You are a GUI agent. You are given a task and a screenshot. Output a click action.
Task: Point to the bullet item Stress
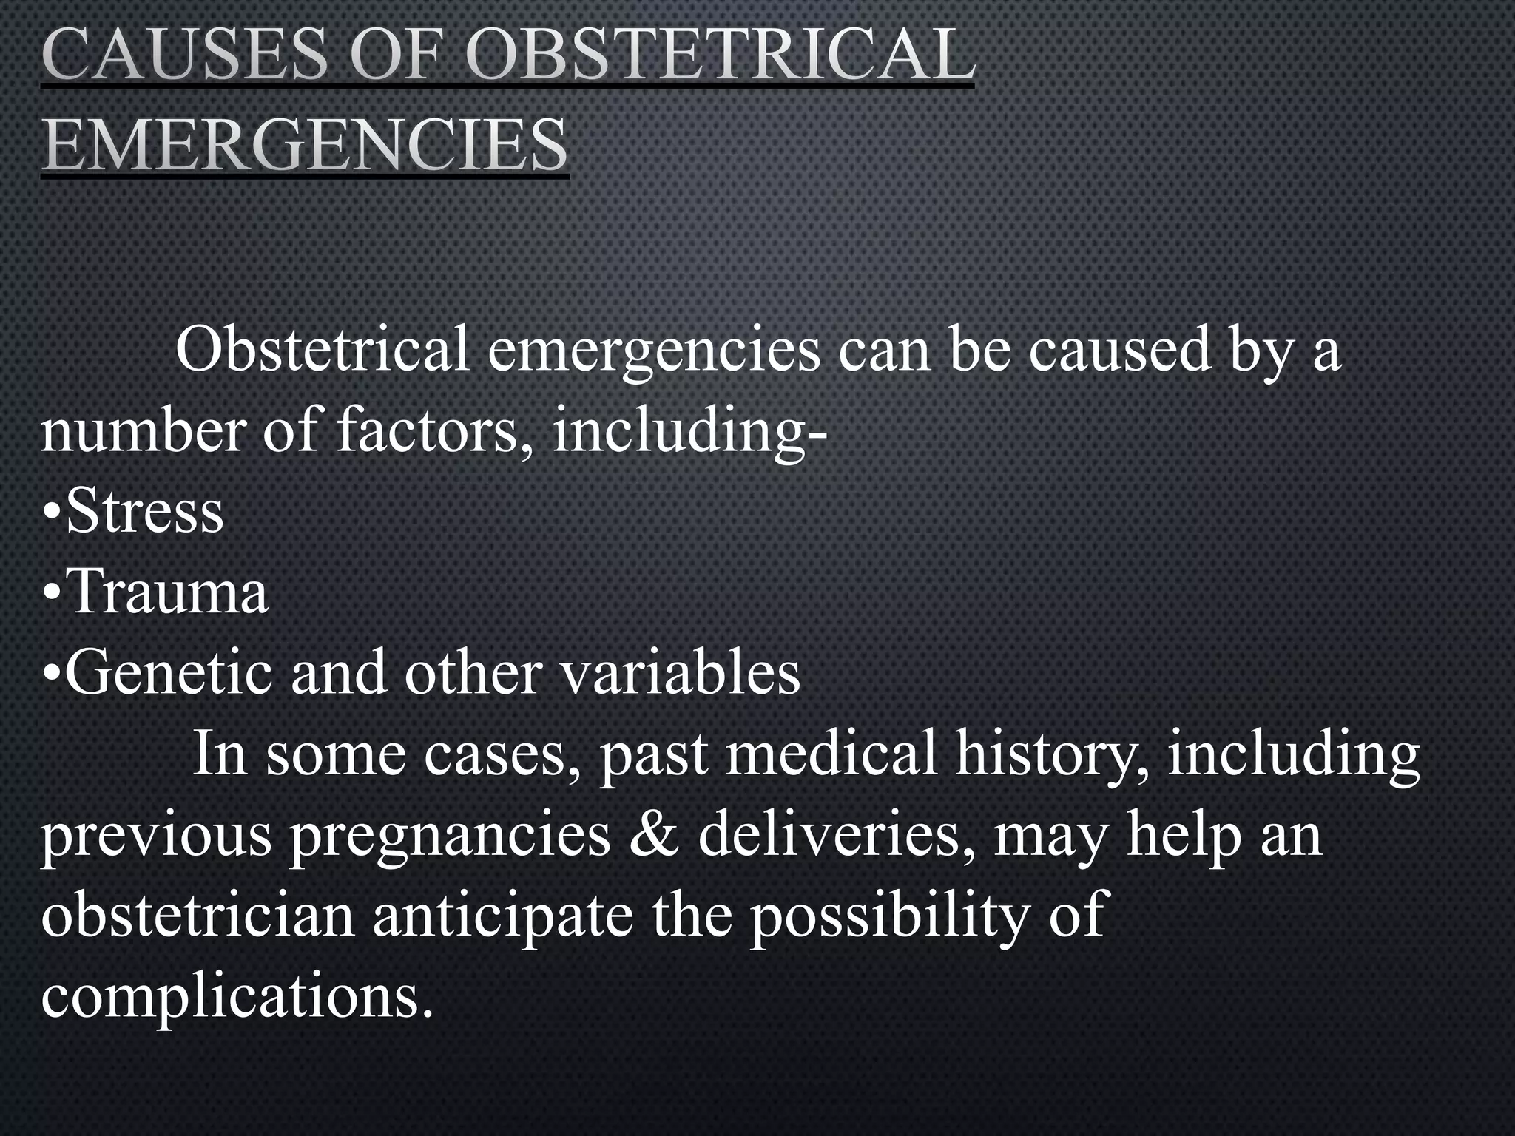tap(144, 511)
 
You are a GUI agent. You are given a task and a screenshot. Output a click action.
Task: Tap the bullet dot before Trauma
tap(52, 593)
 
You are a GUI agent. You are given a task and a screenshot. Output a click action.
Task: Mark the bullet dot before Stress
tap(52, 513)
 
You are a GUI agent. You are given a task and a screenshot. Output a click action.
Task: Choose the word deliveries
tap(835, 834)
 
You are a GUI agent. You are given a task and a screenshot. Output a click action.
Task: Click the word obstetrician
tap(198, 915)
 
